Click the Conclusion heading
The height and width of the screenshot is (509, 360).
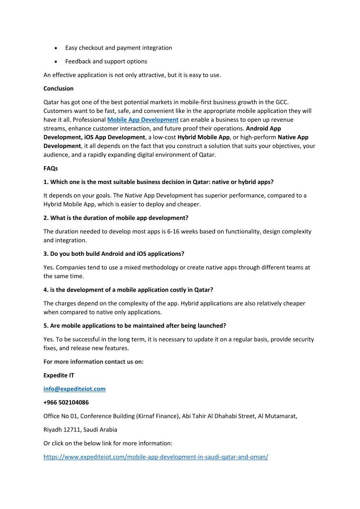[58, 89]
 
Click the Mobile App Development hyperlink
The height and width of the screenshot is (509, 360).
[143, 120]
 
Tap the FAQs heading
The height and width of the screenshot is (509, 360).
[50, 168]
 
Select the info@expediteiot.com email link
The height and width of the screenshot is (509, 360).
[74, 389]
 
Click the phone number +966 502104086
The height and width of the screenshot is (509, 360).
[66, 402]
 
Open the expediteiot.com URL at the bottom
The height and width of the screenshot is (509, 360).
[156, 457]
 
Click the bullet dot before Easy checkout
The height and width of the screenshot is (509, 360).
[56, 48]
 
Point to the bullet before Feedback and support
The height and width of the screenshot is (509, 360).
[56, 62]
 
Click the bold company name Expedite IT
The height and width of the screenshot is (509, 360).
[59, 375]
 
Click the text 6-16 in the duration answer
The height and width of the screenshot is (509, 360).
[174, 231]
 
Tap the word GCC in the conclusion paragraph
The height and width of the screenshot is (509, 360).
[281, 102]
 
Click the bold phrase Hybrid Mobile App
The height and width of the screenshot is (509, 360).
[203, 137]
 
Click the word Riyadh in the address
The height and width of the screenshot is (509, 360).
[52, 430]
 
